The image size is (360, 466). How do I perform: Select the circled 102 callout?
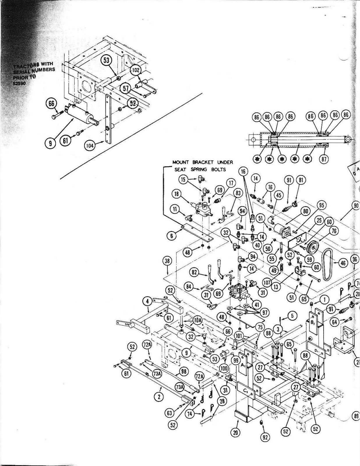point(136,70)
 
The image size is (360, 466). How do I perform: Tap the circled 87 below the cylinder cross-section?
point(324,159)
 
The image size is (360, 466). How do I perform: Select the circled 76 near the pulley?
point(334,231)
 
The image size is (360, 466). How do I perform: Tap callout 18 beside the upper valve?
point(177,194)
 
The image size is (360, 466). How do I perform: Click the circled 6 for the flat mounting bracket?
point(172,236)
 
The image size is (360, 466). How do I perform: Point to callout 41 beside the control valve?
point(257,305)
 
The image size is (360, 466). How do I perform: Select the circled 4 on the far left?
point(148,301)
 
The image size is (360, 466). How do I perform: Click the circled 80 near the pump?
point(305,212)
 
